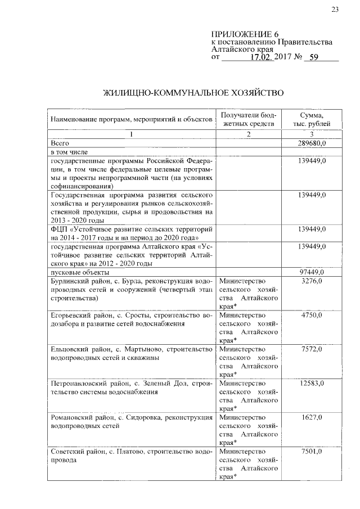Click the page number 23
pos(335,8)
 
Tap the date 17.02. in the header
pos(261,57)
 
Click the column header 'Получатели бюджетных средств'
pos(248,119)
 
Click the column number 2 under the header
pos(248,136)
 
